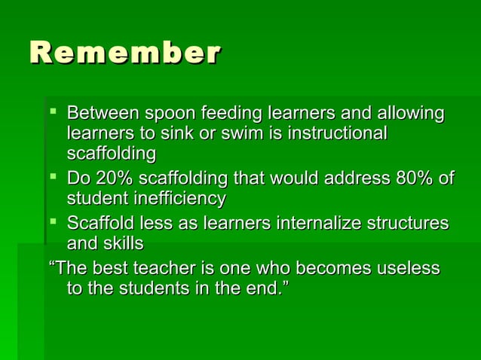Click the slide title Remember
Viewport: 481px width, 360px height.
(x=125, y=53)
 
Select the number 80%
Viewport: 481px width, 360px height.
(x=415, y=179)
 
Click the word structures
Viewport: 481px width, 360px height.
(x=407, y=224)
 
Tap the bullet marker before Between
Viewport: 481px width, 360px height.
(x=53, y=113)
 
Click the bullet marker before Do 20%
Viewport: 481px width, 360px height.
(x=53, y=178)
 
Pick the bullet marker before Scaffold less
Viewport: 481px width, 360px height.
(x=53, y=223)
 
